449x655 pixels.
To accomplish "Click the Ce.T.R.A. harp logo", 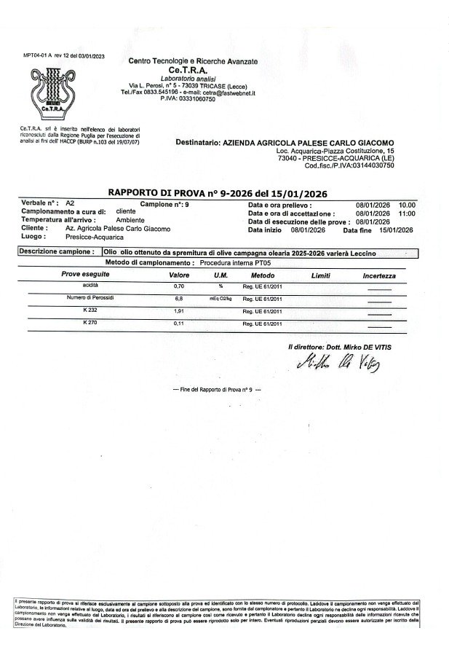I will [x=49, y=91].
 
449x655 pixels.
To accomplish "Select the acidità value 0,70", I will [x=179, y=288].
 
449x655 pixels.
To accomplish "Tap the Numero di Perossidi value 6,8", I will [x=178, y=299].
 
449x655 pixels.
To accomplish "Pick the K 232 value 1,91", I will [x=179, y=310].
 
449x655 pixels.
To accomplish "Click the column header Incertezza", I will [x=379, y=276].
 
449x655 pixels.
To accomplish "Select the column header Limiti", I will [x=321, y=276].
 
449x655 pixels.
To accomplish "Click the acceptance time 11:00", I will [x=408, y=213].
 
